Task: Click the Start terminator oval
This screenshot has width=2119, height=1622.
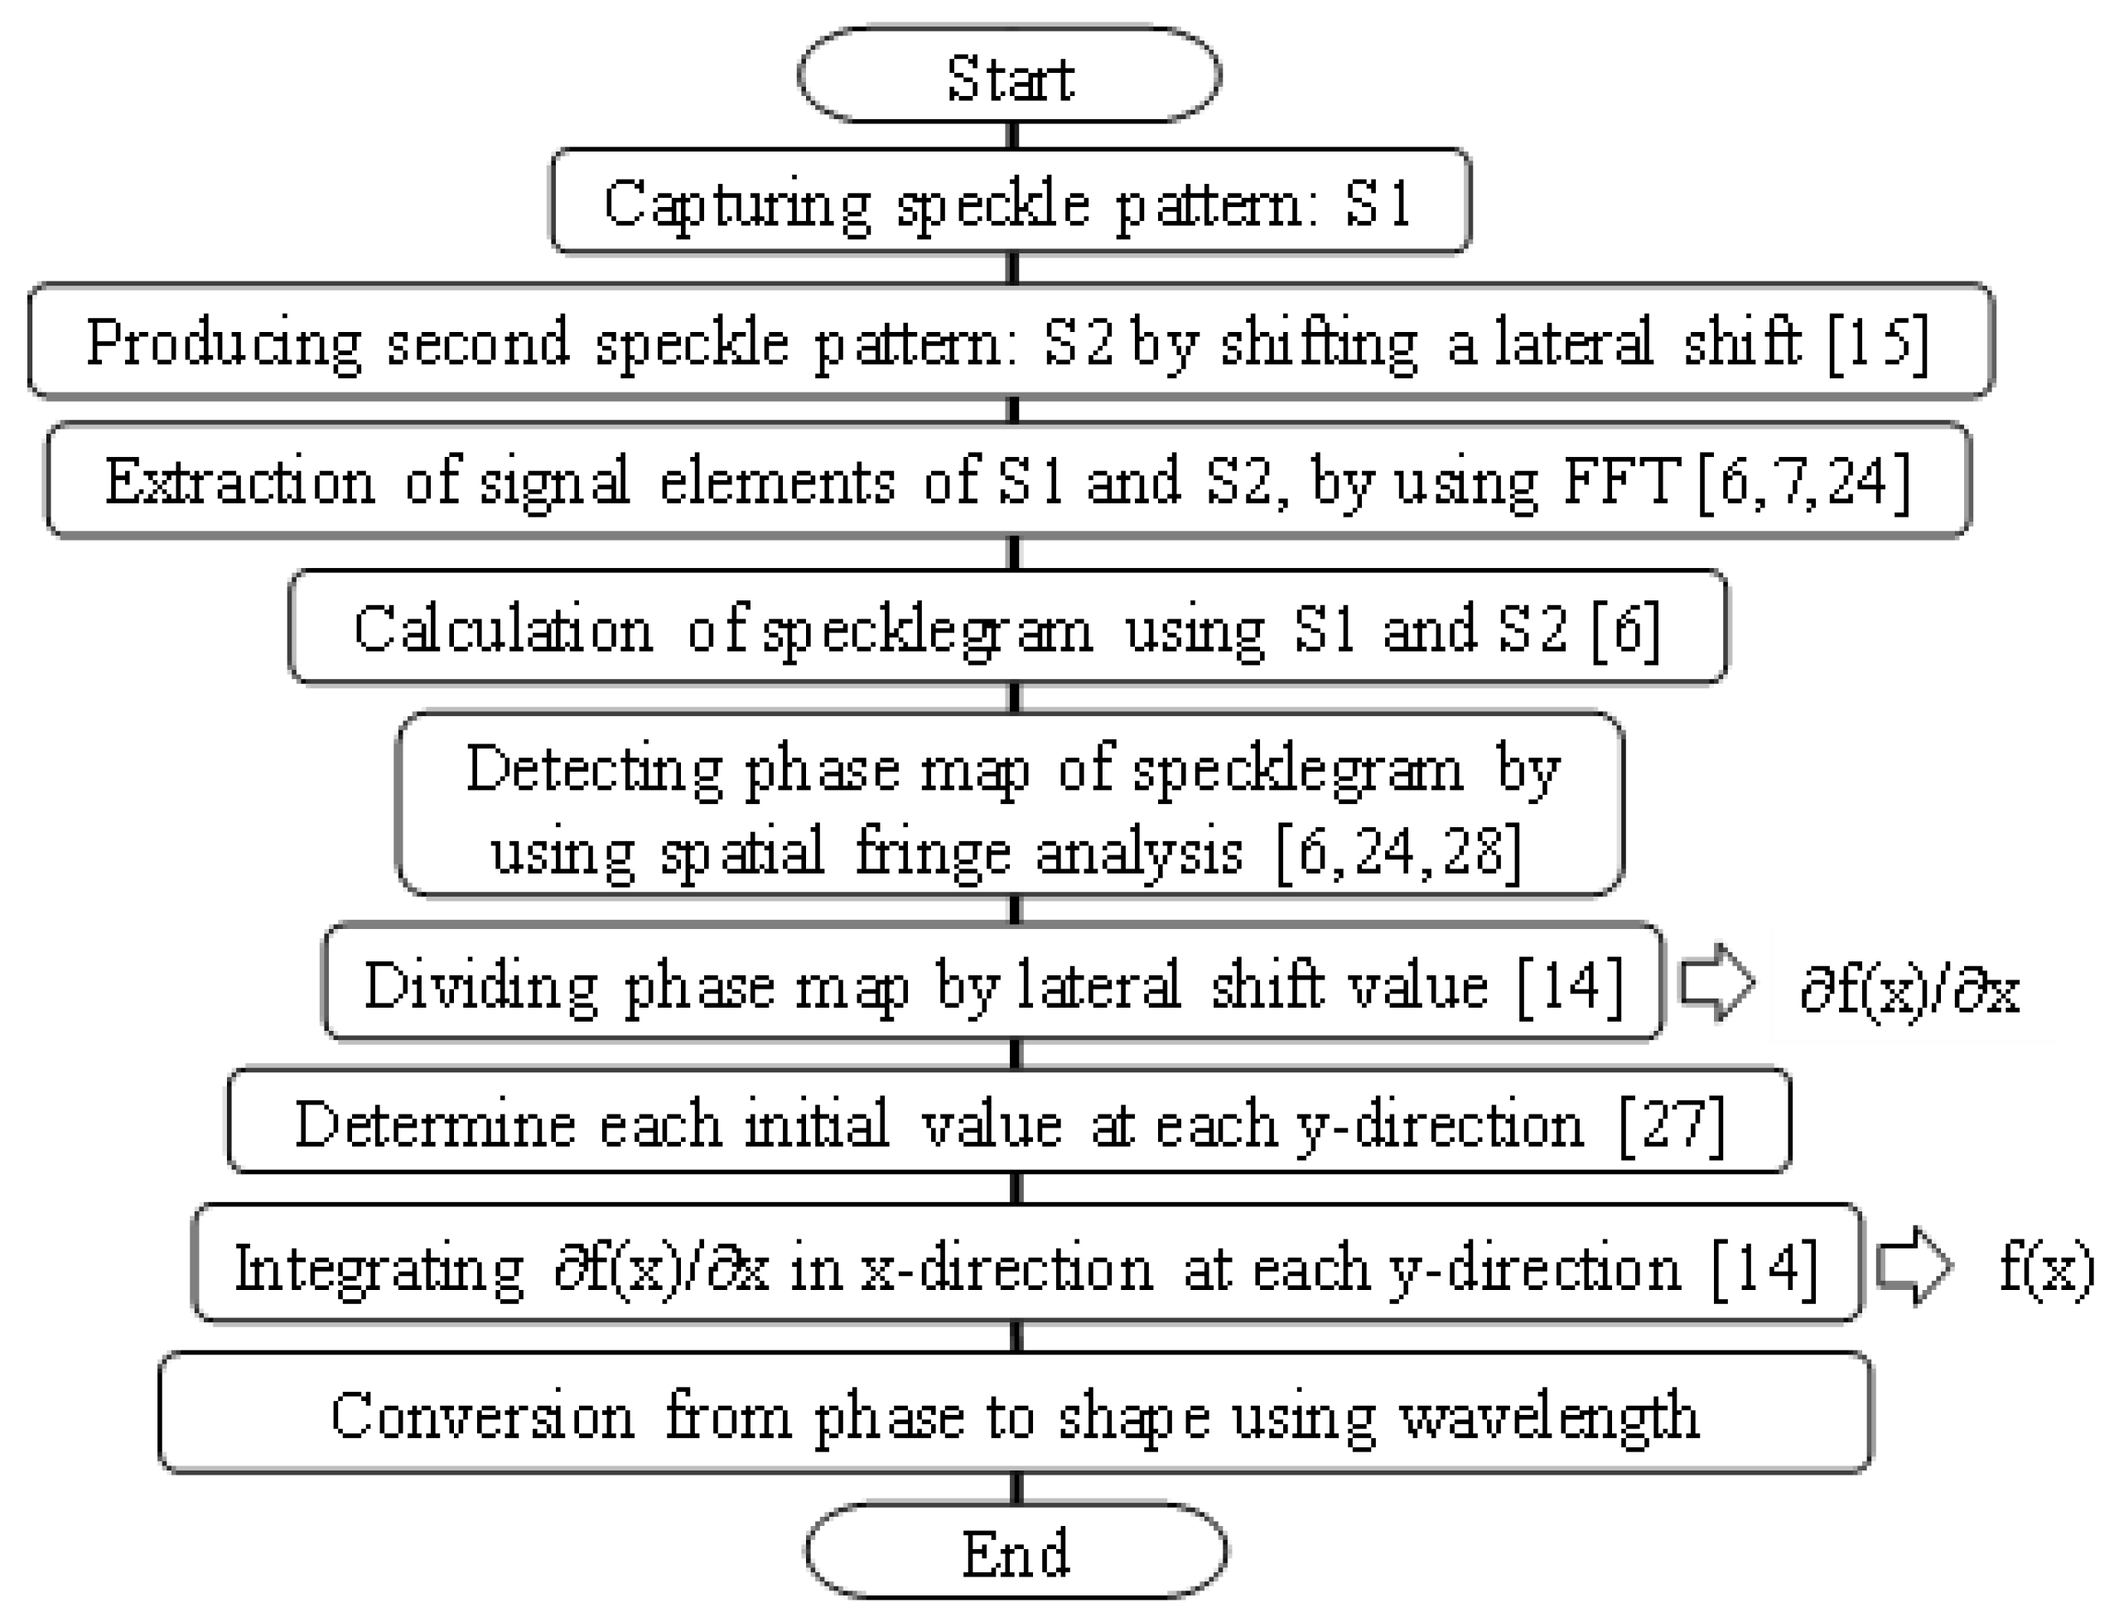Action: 1009,76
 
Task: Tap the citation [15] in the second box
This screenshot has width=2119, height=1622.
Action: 1879,343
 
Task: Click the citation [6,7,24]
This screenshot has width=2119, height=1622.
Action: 1803,482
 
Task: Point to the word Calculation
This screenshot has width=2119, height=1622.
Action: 503,629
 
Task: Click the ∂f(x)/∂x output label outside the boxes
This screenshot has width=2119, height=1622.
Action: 1909,989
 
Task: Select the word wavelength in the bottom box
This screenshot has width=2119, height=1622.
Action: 1549,1417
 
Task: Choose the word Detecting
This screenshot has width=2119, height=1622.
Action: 593,769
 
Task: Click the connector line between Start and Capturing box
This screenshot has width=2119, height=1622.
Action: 1012,135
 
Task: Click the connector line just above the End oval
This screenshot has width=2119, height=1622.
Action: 1016,1488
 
